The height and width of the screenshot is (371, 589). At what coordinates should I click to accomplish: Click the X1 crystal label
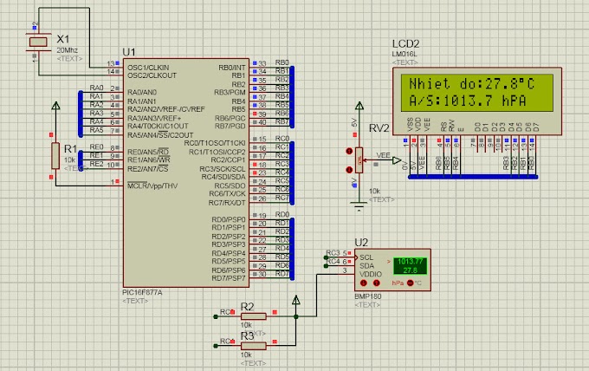click(x=62, y=40)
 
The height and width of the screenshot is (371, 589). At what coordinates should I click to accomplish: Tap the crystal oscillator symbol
click(x=37, y=42)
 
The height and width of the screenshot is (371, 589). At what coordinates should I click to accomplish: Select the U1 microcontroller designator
click(x=129, y=53)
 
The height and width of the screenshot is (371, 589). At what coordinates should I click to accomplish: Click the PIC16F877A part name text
click(x=144, y=292)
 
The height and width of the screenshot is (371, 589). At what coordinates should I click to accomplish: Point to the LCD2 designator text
click(x=405, y=44)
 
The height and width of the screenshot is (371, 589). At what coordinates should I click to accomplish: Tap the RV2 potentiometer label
click(x=379, y=129)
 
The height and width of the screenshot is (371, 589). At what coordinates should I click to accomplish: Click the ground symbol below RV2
click(x=357, y=205)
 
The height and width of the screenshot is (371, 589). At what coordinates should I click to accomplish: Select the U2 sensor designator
click(x=361, y=242)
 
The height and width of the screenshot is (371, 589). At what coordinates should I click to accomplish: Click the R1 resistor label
click(x=68, y=149)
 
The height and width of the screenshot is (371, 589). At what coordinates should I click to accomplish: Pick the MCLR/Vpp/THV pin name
click(x=152, y=185)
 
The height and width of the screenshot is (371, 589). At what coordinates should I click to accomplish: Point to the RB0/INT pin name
click(x=232, y=67)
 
